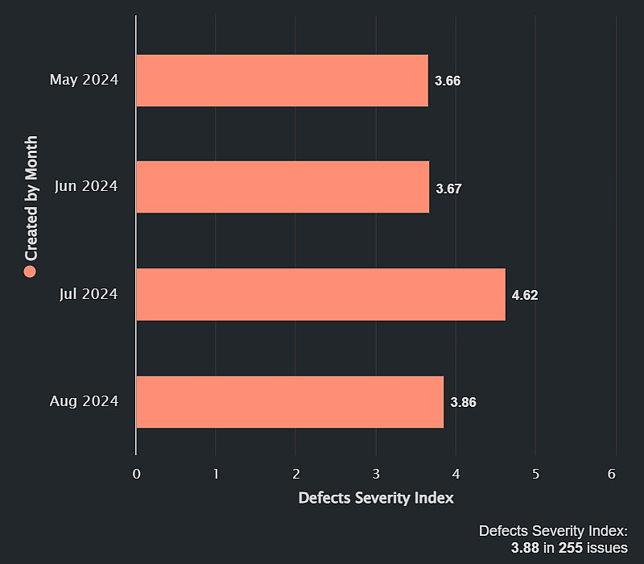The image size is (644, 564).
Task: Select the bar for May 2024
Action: [x=282, y=81]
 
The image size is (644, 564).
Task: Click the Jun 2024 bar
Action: [x=282, y=187]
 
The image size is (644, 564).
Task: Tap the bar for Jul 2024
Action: [x=320, y=294]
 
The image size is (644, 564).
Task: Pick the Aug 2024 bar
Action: [x=290, y=401]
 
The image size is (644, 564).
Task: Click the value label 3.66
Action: [x=448, y=81]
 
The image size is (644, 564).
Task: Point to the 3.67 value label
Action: [x=448, y=189]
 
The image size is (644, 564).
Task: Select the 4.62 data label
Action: [x=525, y=295]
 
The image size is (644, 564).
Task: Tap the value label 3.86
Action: [x=464, y=402]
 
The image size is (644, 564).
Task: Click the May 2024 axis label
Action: [x=84, y=80]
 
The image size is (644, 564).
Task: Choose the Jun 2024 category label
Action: [x=86, y=186]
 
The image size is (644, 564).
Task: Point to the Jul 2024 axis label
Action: [x=89, y=294]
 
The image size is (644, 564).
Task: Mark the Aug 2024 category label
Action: [x=84, y=401]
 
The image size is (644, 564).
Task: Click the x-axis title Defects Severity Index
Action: [x=376, y=498]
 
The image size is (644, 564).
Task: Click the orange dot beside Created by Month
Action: [x=31, y=272]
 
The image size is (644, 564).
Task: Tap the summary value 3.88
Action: [x=525, y=548]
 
